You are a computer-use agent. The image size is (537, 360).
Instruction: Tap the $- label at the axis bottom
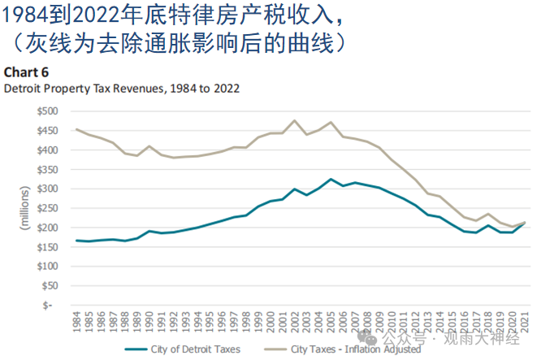click(x=51, y=305)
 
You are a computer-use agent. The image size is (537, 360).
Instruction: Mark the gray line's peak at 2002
click(x=294, y=121)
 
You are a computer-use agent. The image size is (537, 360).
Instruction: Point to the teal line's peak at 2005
click(x=331, y=179)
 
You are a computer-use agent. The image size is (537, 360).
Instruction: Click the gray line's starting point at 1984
click(x=76, y=129)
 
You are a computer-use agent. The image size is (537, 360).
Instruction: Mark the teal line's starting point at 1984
click(x=76, y=241)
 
